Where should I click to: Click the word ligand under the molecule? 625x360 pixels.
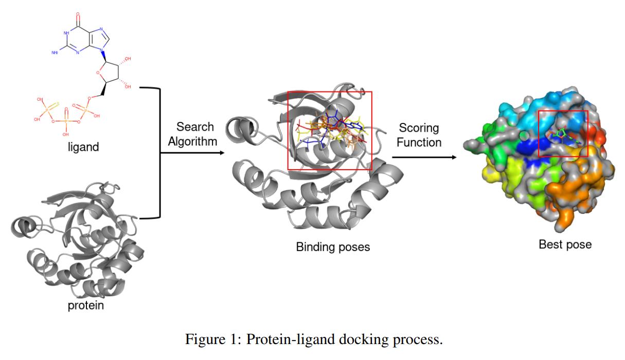(83, 148)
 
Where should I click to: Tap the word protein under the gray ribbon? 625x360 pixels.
(86, 305)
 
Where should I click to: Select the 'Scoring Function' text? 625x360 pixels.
(419, 135)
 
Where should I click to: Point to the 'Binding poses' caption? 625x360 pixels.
(333, 247)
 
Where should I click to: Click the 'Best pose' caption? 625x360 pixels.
(565, 244)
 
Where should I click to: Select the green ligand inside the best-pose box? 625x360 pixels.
(564, 137)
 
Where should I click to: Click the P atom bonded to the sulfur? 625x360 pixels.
(45, 109)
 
